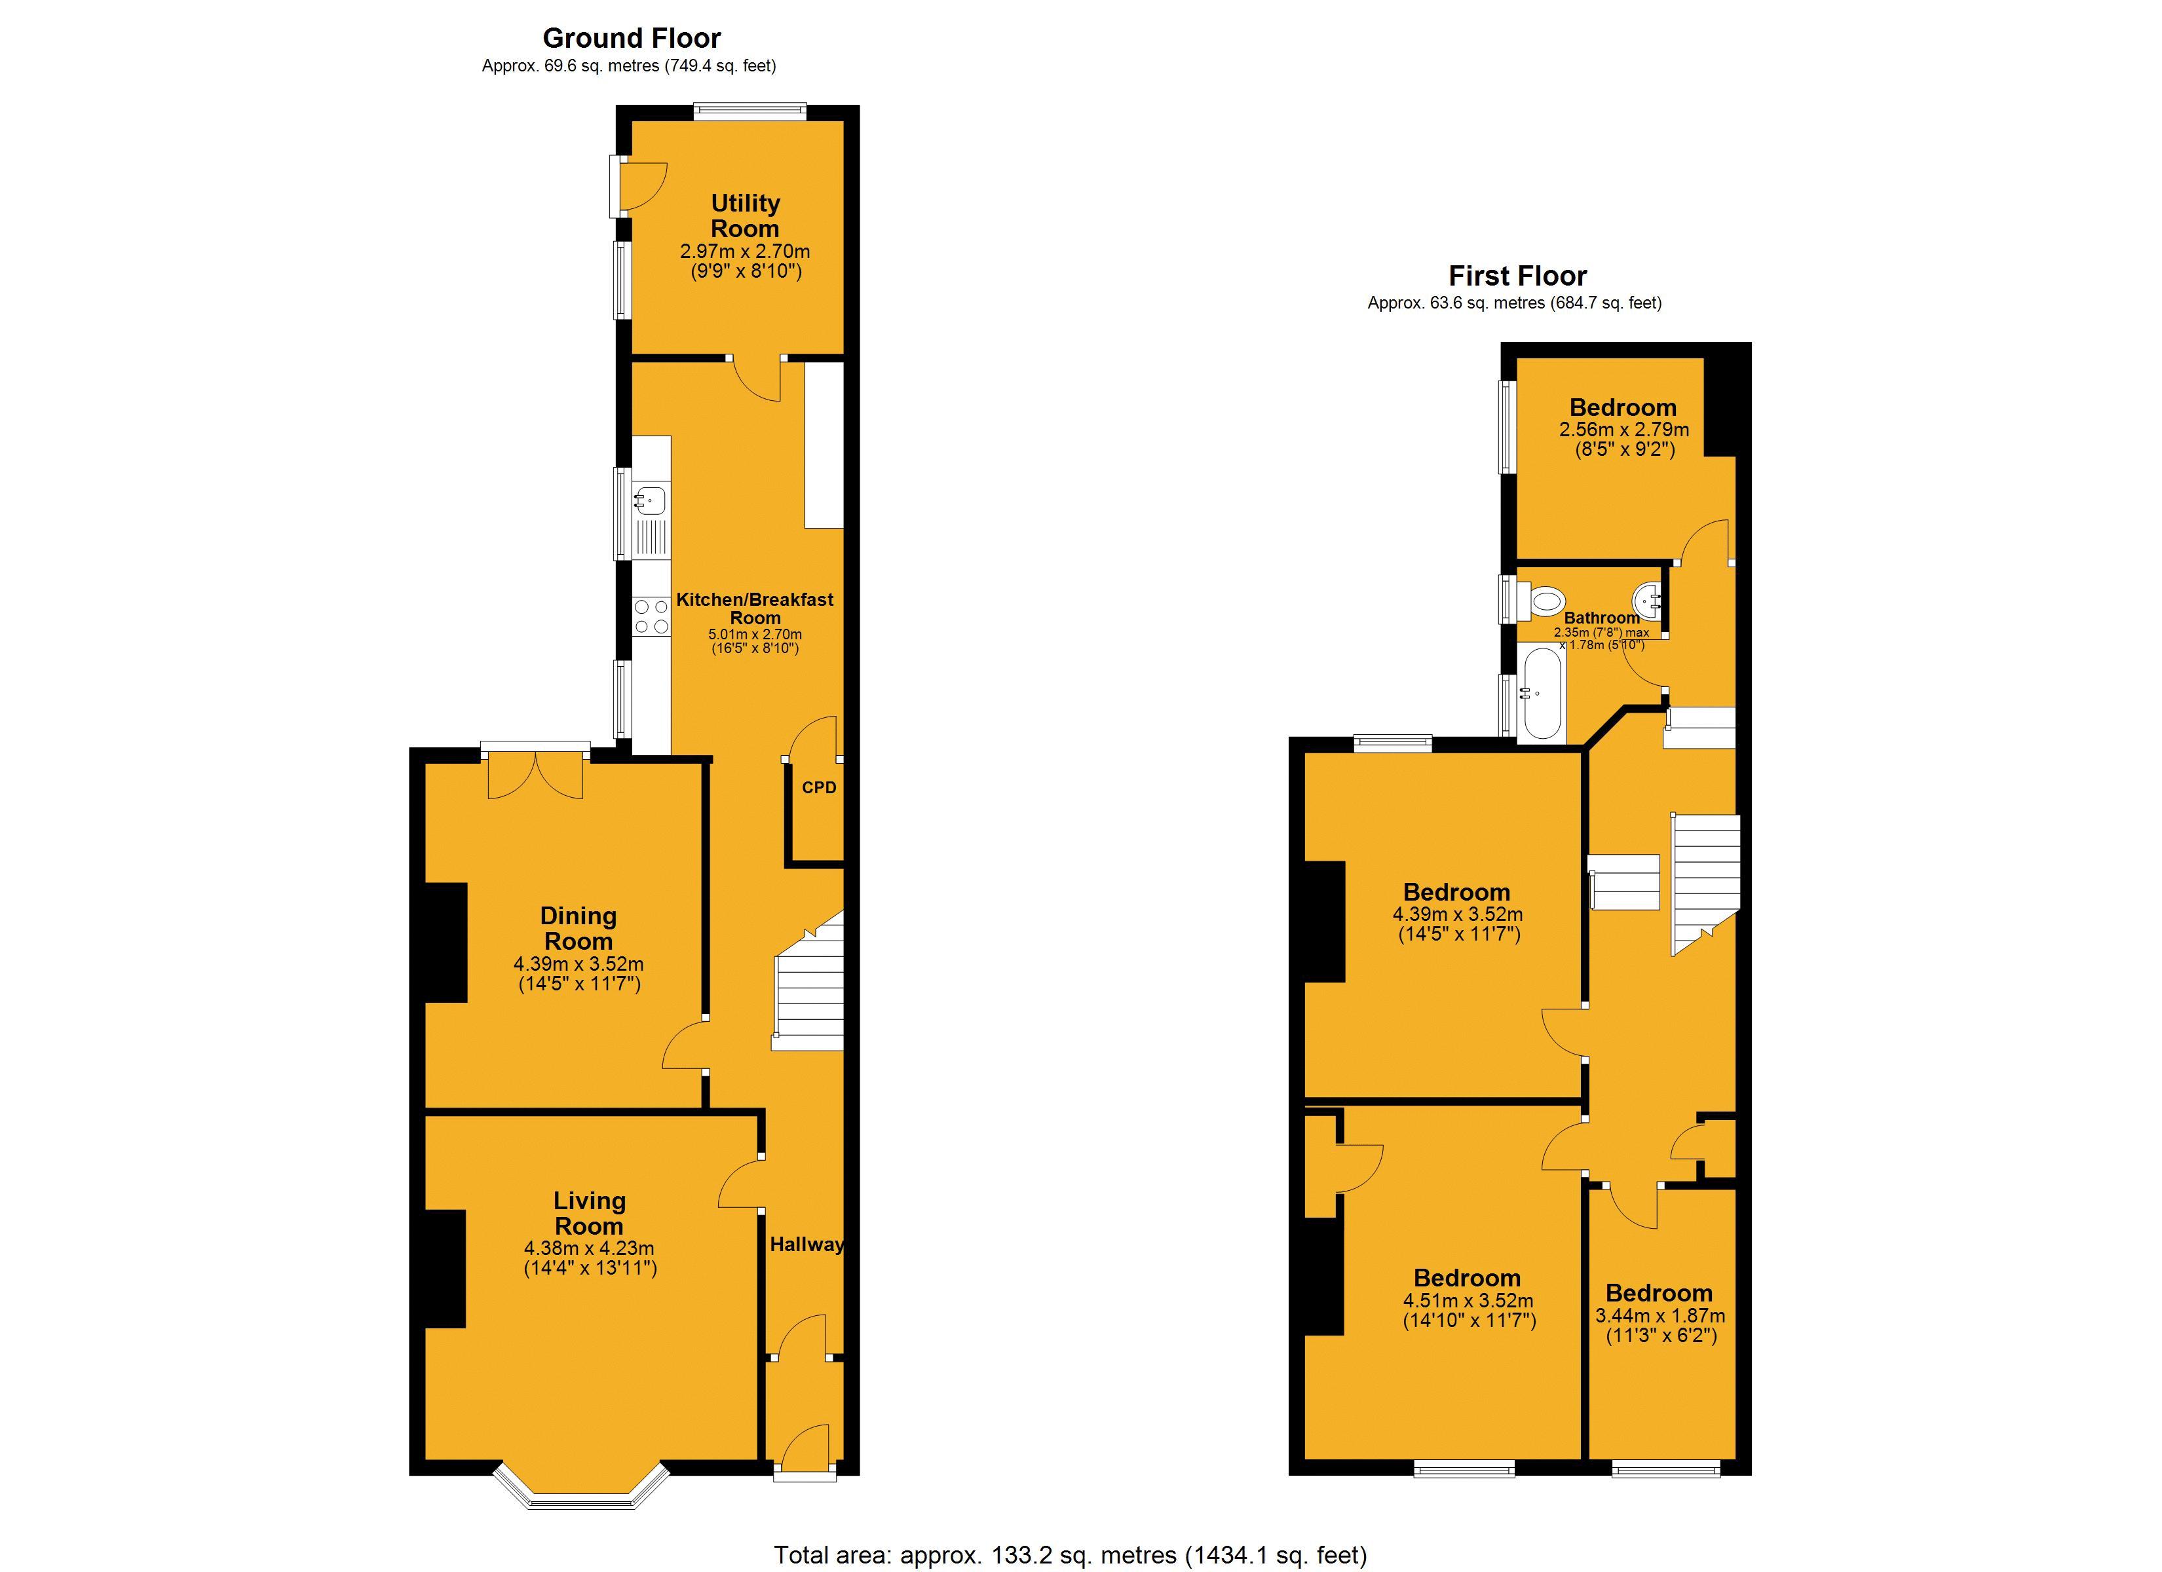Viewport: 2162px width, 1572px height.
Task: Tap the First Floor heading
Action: [x=1517, y=276]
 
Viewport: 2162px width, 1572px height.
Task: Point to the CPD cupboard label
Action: [x=819, y=787]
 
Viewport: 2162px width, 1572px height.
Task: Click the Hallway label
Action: [x=806, y=1244]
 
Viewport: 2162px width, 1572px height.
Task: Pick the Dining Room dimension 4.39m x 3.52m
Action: [x=578, y=964]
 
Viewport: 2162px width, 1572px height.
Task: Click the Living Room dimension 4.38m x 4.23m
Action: [x=589, y=1248]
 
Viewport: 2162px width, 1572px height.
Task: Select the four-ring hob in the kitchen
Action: [x=652, y=616]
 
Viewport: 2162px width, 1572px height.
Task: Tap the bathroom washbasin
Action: [x=1648, y=601]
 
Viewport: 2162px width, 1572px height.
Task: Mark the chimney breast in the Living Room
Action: [x=445, y=1269]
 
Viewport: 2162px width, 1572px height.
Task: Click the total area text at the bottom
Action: [x=1070, y=1555]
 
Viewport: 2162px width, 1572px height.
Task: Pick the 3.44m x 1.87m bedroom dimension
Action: [x=1659, y=1315]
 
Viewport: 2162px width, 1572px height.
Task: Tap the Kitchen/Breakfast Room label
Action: [x=754, y=608]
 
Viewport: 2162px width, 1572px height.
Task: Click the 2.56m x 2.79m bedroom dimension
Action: [x=1623, y=430]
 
